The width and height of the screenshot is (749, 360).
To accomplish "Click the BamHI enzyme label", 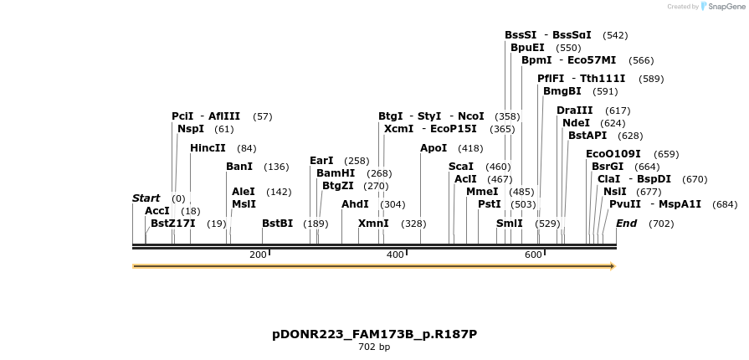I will click(x=336, y=173).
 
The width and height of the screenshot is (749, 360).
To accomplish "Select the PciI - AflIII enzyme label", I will click(x=205, y=116).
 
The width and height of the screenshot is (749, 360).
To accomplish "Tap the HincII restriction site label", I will click(x=208, y=148).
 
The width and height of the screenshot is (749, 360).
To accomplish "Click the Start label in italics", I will click(x=146, y=198).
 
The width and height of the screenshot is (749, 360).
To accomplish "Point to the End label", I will click(x=626, y=224).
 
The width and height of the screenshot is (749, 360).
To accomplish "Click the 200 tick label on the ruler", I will click(x=258, y=255).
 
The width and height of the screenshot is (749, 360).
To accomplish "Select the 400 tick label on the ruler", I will click(x=395, y=255).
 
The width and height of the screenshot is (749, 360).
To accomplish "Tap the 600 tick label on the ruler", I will click(x=533, y=255).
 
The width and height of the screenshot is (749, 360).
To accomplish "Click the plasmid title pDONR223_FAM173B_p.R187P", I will click(x=374, y=334).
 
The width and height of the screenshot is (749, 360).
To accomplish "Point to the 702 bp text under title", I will click(x=374, y=347).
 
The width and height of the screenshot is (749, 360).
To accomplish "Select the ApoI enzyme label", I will click(x=433, y=148).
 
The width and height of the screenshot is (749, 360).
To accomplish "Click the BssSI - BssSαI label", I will click(x=547, y=35).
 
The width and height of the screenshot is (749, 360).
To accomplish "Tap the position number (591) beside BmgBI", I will click(x=604, y=91).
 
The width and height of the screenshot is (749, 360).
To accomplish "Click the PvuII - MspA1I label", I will click(x=655, y=204).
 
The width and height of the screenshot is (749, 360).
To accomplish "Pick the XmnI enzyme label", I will click(x=373, y=224).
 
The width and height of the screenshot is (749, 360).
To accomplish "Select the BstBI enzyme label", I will click(x=277, y=224).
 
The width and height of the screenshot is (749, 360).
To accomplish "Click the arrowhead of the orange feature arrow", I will click(x=613, y=266).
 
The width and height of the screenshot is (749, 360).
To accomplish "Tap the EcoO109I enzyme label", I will click(x=613, y=154).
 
